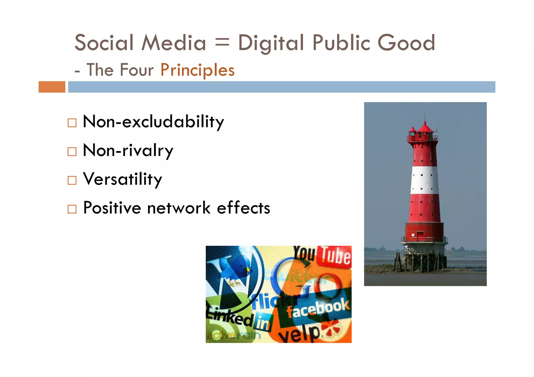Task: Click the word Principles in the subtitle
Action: click(x=197, y=70)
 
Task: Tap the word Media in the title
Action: click(x=174, y=43)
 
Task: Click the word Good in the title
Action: click(x=406, y=43)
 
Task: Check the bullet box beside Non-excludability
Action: click(x=72, y=123)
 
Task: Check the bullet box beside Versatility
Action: click(x=72, y=180)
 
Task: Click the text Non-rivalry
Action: click(x=128, y=151)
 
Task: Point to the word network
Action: click(x=179, y=208)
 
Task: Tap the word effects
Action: click(x=244, y=208)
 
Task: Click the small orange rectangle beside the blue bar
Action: click(x=52, y=87)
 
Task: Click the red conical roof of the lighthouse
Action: click(x=425, y=128)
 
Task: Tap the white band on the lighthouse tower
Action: click(x=424, y=180)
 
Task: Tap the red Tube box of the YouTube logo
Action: click(x=336, y=256)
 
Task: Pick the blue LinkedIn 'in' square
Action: click(x=264, y=323)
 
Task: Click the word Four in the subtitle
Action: click(x=137, y=70)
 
